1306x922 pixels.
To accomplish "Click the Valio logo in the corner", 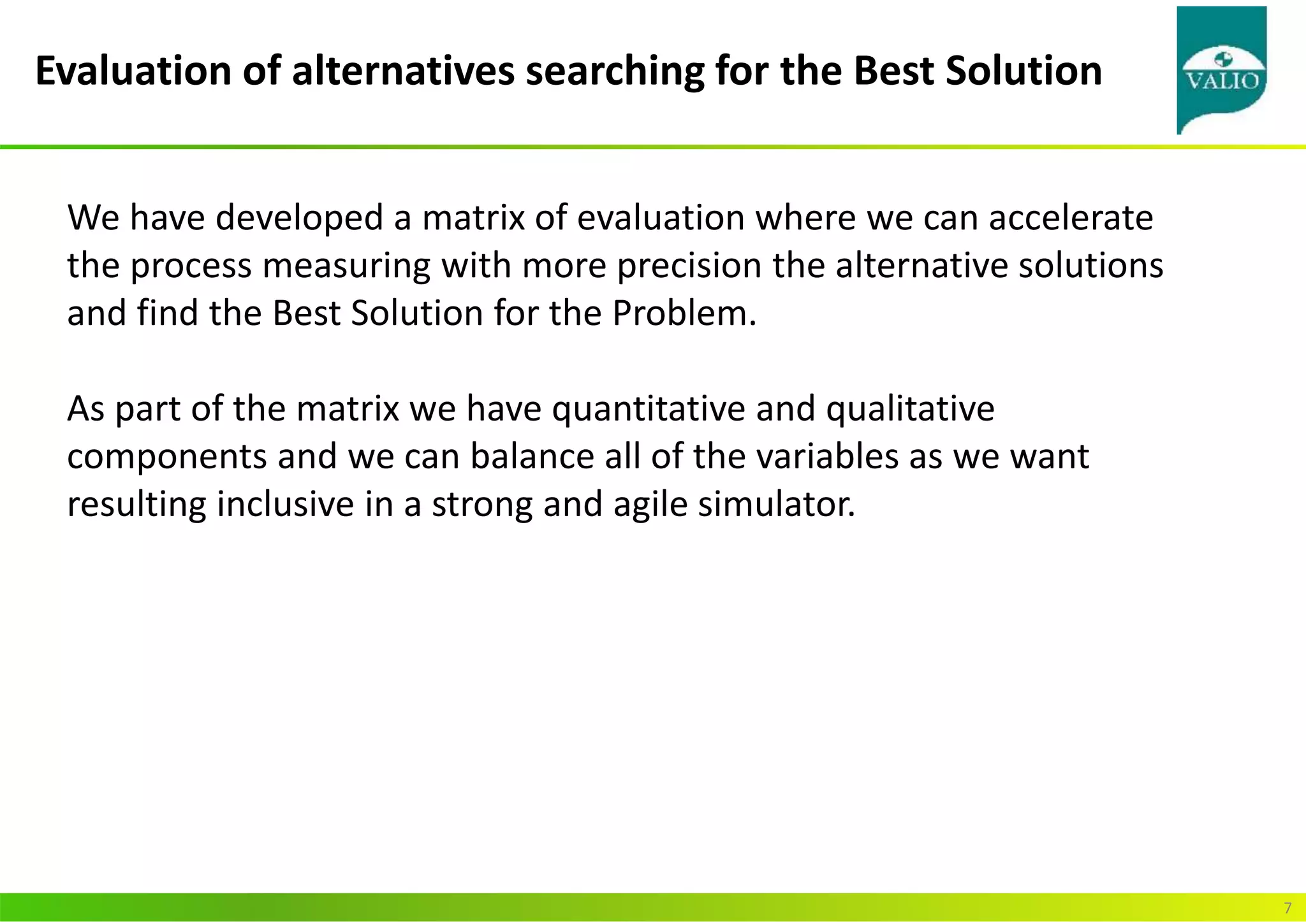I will pyautogui.click(x=1221, y=70).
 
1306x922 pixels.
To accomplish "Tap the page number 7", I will pyautogui.click(x=1288, y=908).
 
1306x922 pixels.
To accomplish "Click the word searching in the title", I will pyautogui.click(x=614, y=71).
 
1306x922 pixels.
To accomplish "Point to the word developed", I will pyautogui.click(x=299, y=218).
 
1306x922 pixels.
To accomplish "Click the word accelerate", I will pyautogui.click(x=1071, y=218).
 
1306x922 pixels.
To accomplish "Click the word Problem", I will pyautogui.click(x=684, y=313).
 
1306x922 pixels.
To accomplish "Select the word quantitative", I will pyautogui.click(x=648, y=409).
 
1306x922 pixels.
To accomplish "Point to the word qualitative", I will pyautogui.click(x=910, y=409).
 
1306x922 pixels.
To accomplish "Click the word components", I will pyautogui.click(x=166, y=457).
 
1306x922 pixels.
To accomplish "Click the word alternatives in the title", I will pyautogui.click(x=403, y=71).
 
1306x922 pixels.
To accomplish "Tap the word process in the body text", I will pyautogui.click(x=191, y=266).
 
